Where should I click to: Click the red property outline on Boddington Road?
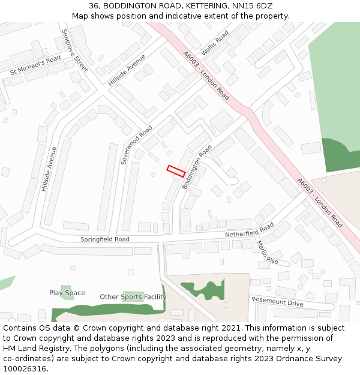coord(176,171)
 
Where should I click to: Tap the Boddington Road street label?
coord(197,167)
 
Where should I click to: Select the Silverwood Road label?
coord(137,145)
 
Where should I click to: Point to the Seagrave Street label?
coord(75,50)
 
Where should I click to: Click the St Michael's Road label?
coord(35,65)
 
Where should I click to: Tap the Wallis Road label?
coord(215,44)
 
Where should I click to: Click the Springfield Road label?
coord(105,239)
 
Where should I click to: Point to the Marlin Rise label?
coord(268,253)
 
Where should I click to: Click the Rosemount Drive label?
coord(277,301)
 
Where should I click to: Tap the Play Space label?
coord(67,293)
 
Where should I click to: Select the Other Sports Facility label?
coord(133,296)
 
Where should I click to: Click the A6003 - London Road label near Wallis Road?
coord(206,75)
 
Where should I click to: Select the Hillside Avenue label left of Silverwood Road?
coord(49,169)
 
